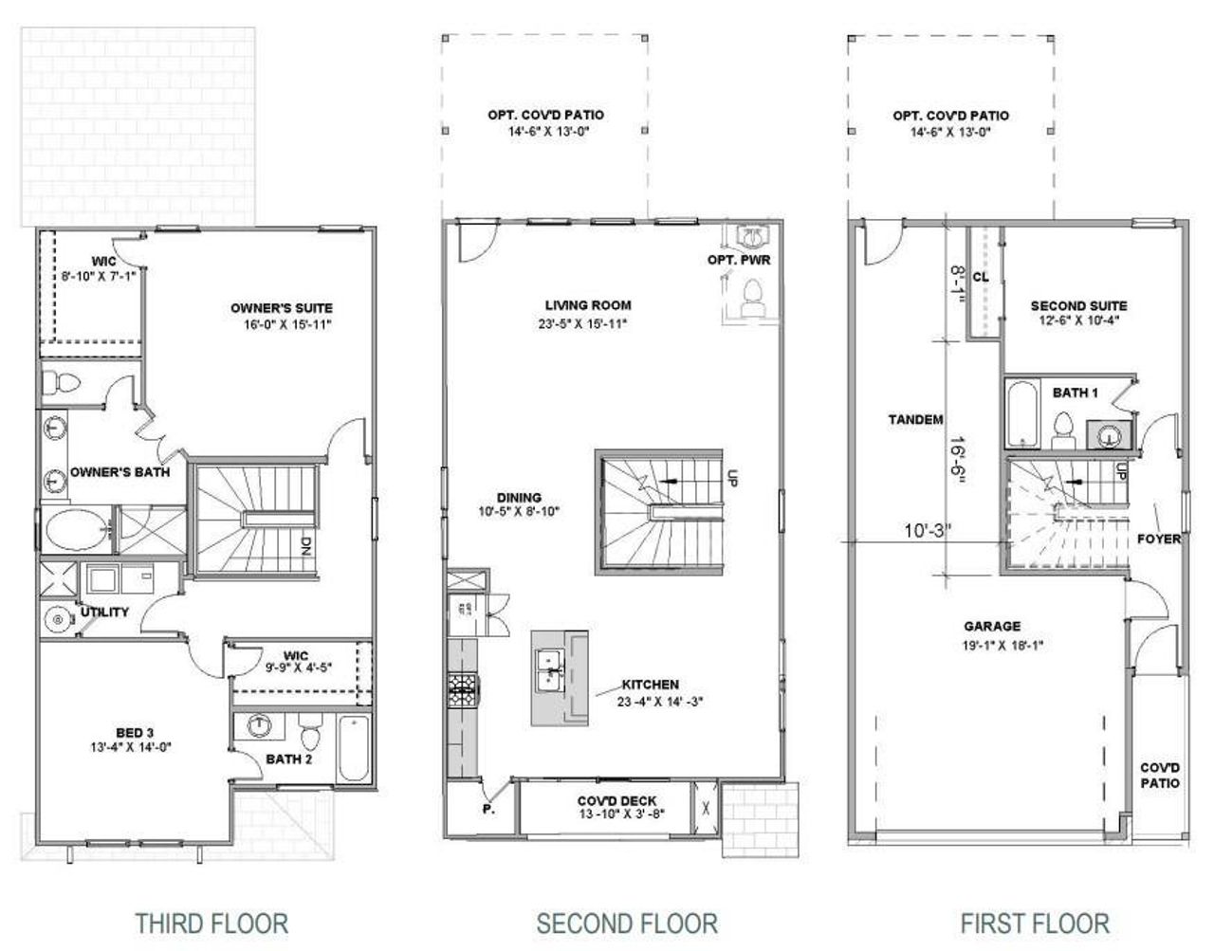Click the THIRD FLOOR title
(211, 923)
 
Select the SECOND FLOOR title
(627, 923)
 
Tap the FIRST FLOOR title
(1034, 923)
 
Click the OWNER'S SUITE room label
(282, 308)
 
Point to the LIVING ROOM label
(588, 305)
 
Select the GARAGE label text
(992, 627)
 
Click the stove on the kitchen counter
(463, 689)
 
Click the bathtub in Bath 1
(1021, 413)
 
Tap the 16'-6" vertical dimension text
(962, 462)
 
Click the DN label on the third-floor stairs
(306, 545)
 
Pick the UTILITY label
(104, 613)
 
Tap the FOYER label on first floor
(1158, 539)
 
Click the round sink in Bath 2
(259, 726)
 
